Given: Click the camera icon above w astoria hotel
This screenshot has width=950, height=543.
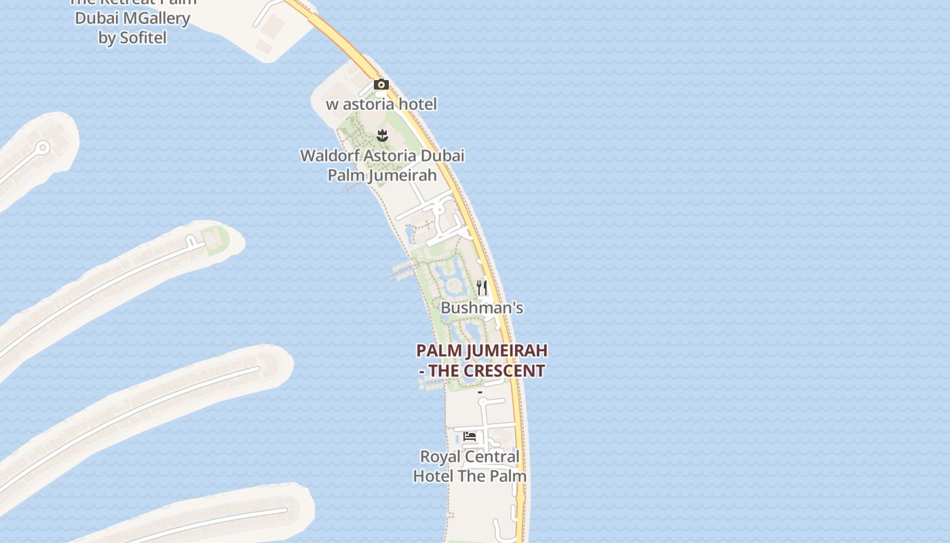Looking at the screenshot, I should tap(381, 85).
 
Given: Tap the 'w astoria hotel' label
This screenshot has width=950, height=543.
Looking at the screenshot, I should tap(381, 105).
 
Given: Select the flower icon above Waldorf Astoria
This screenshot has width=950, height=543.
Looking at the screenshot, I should tap(382, 136).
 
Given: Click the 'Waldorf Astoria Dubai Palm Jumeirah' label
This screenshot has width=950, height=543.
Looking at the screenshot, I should tap(382, 166).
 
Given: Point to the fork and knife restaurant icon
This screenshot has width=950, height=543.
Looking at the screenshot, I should tap(482, 288).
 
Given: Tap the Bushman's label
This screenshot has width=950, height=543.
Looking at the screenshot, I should tap(482, 308).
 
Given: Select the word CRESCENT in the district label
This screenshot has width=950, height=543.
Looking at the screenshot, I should tap(503, 371).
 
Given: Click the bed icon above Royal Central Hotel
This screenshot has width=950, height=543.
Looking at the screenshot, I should tap(470, 436).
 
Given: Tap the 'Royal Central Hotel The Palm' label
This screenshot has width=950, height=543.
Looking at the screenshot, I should tap(470, 466).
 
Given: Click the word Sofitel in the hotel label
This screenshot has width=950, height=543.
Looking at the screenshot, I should tap(142, 38).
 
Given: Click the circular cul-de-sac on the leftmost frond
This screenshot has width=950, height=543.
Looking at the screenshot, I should tap(43, 147).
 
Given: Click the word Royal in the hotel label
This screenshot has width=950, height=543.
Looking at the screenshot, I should tap(440, 457).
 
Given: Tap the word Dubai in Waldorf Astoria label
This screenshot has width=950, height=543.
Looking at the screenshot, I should tap(442, 156).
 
